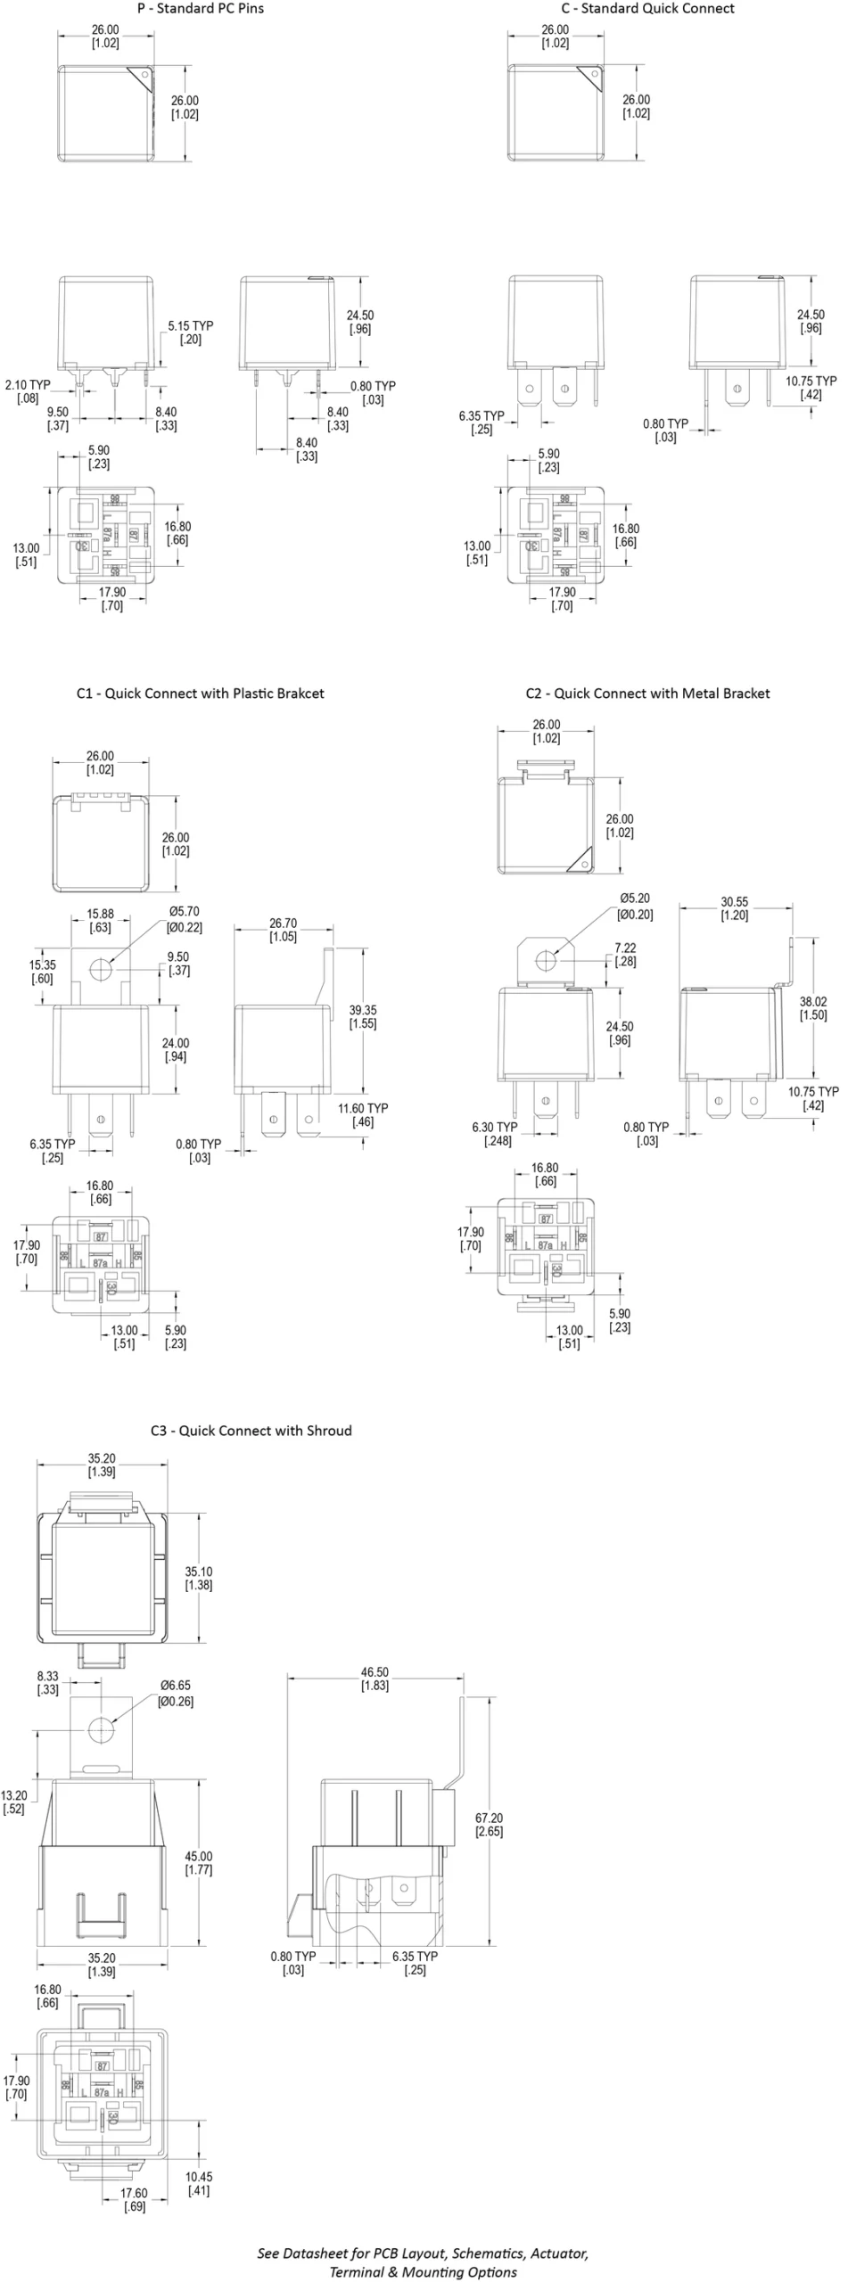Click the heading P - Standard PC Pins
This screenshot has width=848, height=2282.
(200, 9)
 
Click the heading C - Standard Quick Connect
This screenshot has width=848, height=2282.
(647, 9)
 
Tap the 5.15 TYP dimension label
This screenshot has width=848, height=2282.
(190, 332)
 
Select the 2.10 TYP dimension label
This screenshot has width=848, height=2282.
(28, 391)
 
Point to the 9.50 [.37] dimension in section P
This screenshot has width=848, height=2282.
(58, 419)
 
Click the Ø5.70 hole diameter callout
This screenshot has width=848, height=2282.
(184, 919)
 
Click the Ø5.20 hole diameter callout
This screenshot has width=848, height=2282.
(635, 906)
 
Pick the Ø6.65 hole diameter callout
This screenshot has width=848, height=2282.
(175, 1693)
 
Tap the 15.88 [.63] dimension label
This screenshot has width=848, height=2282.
(100, 921)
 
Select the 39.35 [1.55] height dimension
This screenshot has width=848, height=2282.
(363, 1016)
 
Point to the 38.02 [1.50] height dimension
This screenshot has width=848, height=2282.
(813, 1008)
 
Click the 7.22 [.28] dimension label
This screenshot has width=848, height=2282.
(625, 955)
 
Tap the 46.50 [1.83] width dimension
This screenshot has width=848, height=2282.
(375, 1679)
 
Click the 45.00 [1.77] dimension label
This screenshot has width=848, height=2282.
(198, 1863)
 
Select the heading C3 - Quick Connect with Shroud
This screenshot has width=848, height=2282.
(251, 1431)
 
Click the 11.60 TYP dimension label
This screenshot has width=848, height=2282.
(363, 1114)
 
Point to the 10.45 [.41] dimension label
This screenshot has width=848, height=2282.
(198, 2183)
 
